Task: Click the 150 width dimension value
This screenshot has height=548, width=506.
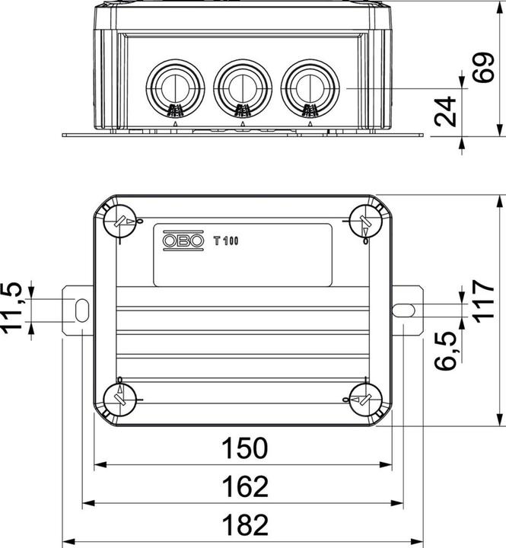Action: [244, 448]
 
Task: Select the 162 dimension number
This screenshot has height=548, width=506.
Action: [244, 486]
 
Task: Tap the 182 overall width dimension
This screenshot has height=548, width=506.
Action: [244, 524]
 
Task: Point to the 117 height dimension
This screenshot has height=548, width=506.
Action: [482, 301]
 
